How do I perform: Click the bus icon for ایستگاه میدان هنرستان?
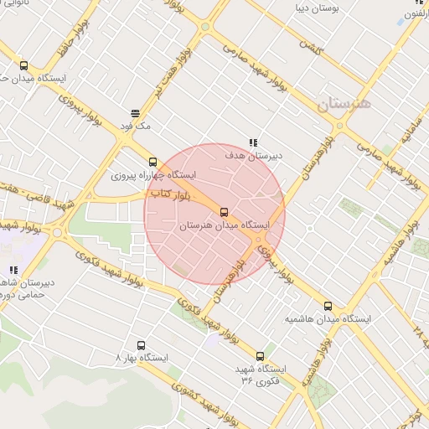[224, 212]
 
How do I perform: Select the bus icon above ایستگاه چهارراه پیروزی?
[152, 162]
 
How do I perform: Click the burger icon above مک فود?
[134, 112]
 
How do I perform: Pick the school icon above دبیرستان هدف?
[253, 142]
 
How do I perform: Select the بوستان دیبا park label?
[315, 8]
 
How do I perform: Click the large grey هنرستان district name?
[344, 104]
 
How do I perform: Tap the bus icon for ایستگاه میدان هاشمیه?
[328, 306]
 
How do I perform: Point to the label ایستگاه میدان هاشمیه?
[328, 319]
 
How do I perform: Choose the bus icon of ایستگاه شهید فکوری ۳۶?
[260, 355]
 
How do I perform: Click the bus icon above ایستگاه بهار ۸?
[141, 344]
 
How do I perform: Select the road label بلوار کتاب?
[173, 194]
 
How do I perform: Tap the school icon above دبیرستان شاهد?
[14, 270]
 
